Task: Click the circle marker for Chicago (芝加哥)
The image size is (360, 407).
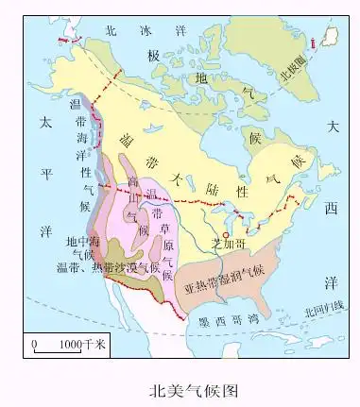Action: [x=225, y=233]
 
